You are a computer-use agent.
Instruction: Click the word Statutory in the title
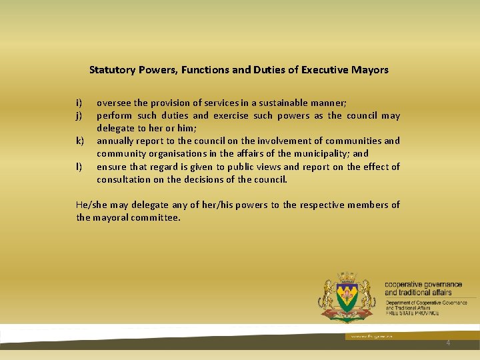click(113, 69)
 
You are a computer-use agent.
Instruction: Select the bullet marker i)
click(79, 103)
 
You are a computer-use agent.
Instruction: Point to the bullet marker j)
click(79, 115)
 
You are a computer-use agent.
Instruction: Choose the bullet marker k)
click(79, 141)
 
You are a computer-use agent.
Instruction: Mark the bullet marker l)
click(79, 167)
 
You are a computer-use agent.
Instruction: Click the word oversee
click(114, 103)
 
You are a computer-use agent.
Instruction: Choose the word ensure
click(111, 167)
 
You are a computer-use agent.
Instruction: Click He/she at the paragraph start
click(92, 205)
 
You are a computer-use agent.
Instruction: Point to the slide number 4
click(448, 343)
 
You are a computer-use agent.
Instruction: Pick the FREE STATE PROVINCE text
click(412, 313)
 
